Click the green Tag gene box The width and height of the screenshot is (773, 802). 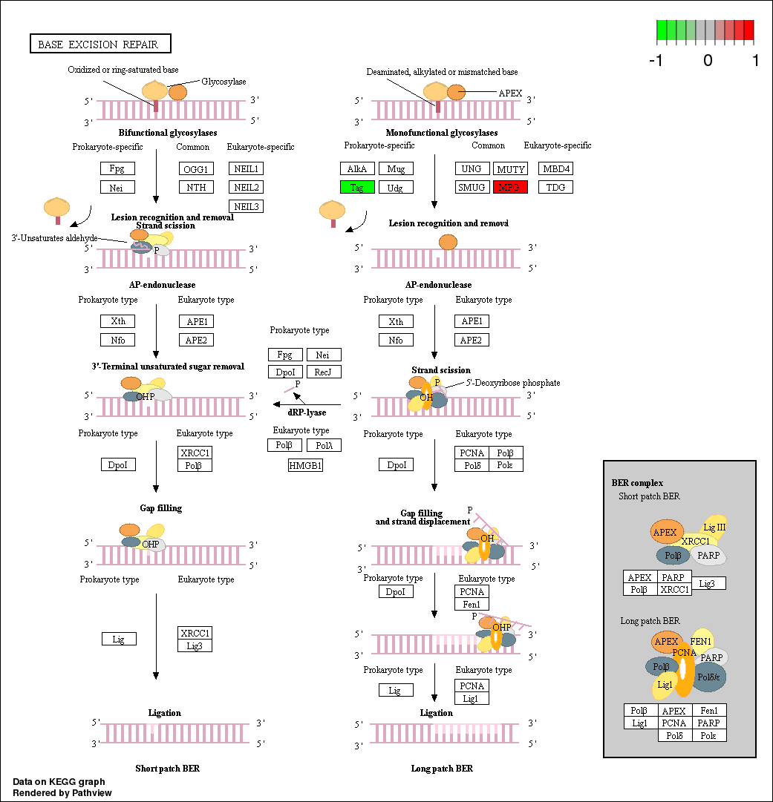[x=356, y=187]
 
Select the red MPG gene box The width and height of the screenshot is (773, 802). [x=509, y=187]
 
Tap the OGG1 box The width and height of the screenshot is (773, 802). [x=196, y=168]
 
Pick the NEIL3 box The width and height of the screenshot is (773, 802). [x=245, y=206]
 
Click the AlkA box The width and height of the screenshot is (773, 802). [x=356, y=168]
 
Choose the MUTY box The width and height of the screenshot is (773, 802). [x=511, y=168]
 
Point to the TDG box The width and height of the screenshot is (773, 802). [x=555, y=187]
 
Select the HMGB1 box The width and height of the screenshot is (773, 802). [x=305, y=465]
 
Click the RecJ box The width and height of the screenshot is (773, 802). [x=323, y=372]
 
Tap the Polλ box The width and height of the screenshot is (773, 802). [x=323, y=445]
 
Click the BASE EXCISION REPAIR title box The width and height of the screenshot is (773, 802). [x=100, y=45]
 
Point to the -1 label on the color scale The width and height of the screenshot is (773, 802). [x=656, y=61]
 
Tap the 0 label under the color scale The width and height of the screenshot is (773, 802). [x=708, y=61]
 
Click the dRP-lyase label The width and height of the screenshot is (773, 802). [x=307, y=412]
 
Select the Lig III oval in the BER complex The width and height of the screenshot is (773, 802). [x=714, y=527]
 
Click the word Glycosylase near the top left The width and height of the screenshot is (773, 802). [x=224, y=82]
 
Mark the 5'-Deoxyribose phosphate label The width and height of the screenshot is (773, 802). [x=513, y=383]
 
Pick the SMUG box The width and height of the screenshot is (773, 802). [x=471, y=187]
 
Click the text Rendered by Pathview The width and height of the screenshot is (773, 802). [x=62, y=792]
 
